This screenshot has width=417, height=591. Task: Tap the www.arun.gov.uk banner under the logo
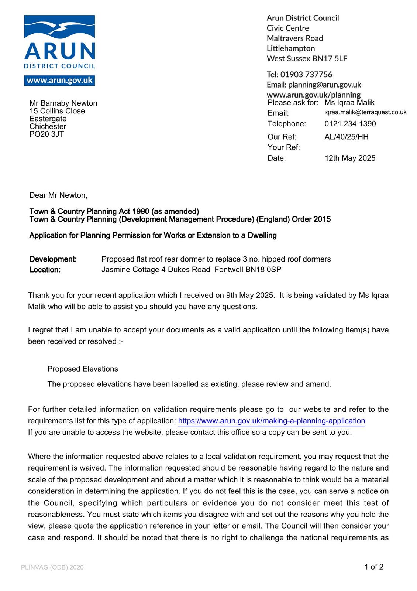coord(59,81)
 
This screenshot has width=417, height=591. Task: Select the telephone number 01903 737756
coord(306,75)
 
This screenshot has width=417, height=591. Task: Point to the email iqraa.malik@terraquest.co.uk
coord(365,112)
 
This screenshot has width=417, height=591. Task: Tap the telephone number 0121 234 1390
coord(350,124)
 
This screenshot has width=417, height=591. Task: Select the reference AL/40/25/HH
coord(346,137)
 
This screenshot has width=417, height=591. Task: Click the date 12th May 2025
coord(349,158)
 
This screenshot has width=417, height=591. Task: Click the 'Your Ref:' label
coord(283,147)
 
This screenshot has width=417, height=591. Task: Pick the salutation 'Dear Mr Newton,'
coord(58,195)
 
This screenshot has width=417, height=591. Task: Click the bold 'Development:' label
coord(53,259)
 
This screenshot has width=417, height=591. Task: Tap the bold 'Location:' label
coord(45,270)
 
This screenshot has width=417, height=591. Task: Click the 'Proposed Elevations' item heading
coord(83,369)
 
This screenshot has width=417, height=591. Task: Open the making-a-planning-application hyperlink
coord(271,421)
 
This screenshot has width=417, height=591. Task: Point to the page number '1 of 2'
coord(374,567)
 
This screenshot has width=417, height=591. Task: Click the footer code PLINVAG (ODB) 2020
coord(52,567)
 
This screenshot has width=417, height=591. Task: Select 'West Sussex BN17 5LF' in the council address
coord(307,58)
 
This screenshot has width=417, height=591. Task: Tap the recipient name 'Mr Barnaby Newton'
coord(63,103)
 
